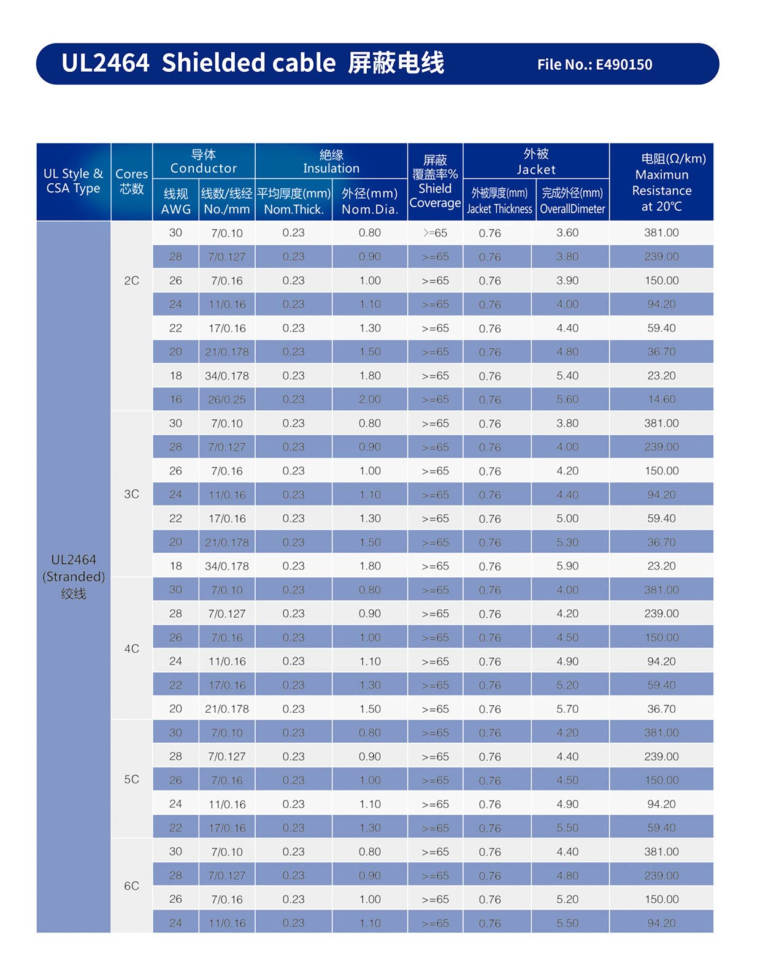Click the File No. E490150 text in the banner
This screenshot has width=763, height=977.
click(594, 64)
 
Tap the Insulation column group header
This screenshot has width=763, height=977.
click(331, 161)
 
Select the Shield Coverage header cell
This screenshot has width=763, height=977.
click(435, 182)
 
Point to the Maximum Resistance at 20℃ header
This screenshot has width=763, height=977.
click(661, 183)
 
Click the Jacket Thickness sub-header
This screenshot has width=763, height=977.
click(499, 201)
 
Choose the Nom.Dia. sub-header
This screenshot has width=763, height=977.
click(370, 201)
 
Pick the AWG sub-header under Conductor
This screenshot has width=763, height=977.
click(175, 201)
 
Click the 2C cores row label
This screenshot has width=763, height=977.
click(131, 281)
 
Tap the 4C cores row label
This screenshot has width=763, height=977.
click(131, 648)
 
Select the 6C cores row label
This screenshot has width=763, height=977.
click(131, 886)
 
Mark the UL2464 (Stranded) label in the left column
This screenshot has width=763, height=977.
click(74, 576)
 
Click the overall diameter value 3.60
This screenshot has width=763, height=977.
click(567, 233)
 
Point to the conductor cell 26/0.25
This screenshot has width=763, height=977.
click(227, 400)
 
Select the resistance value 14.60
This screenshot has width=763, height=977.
click(661, 400)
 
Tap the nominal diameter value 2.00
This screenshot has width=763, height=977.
click(370, 400)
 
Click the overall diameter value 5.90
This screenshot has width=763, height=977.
click(567, 566)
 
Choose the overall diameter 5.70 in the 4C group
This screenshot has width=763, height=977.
click(567, 709)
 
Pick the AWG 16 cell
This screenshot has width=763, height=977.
click(175, 400)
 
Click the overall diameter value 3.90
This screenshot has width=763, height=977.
click(567, 281)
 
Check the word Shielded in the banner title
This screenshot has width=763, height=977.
click(248, 63)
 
